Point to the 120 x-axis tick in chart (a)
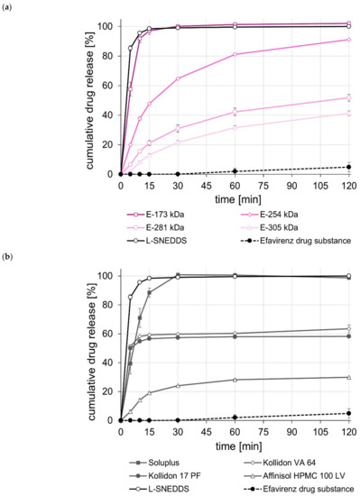348,183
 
